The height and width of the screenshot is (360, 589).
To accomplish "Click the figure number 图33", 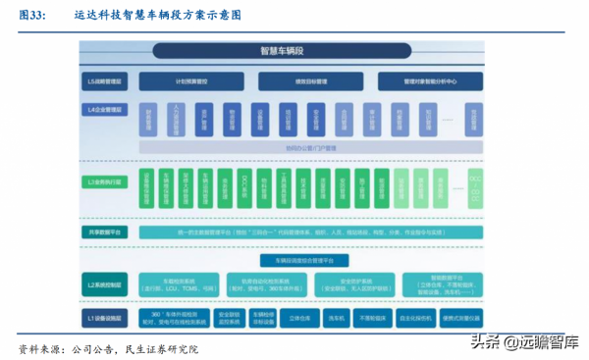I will pos(33,16).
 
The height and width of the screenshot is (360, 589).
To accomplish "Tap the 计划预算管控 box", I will pos(191,82).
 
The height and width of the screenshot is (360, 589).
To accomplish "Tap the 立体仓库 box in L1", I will pos(288,319).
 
